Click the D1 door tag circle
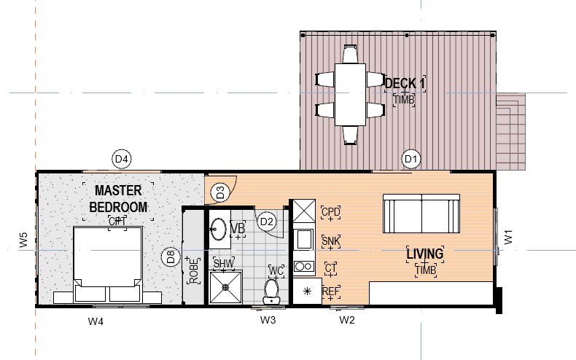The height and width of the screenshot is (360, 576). (411, 159)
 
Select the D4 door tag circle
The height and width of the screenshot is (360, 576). (122, 159)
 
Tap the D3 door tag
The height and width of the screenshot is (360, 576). (220, 192)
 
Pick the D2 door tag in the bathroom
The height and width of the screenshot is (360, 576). (267, 222)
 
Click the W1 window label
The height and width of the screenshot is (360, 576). (508, 237)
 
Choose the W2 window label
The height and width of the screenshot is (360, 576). (347, 320)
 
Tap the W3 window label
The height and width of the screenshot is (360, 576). (268, 320)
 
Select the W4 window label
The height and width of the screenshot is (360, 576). (96, 321)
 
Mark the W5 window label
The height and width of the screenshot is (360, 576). (23, 240)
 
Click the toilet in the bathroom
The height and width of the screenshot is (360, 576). (271, 291)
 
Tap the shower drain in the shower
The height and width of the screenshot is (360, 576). (225, 287)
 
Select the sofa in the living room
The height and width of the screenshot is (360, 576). (421, 214)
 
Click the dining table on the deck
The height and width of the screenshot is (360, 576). (350, 95)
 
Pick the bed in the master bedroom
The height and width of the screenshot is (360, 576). (108, 265)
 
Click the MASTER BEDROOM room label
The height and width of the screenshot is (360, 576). (118, 199)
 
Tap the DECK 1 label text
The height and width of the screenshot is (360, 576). (405, 83)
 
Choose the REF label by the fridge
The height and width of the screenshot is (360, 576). (330, 291)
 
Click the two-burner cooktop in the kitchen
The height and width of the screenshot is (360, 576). (304, 266)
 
